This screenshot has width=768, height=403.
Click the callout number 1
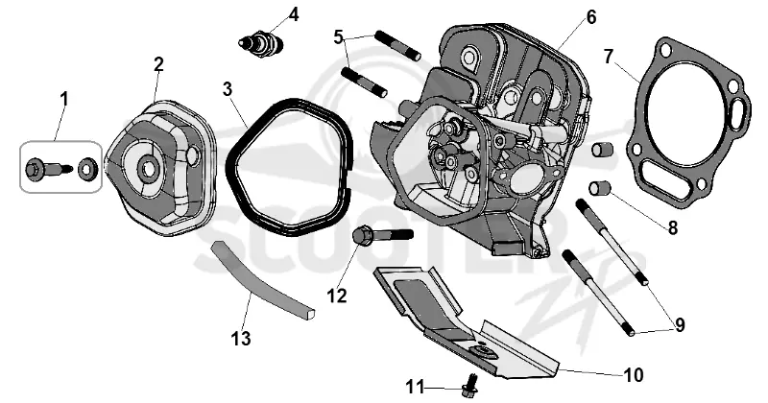click(64, 100)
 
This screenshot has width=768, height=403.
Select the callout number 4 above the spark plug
click(294, 14)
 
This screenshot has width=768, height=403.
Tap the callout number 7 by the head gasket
click(609, 57)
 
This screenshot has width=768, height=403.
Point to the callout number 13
click(241, 339)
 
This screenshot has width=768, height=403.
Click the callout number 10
click(634, 375)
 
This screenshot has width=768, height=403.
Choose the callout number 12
click(337, 296)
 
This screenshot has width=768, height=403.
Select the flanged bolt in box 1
click(48, 170)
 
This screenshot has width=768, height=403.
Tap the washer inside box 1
click(88, 170)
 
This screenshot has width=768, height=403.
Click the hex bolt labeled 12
click(382, 237)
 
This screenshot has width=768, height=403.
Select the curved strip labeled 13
click(262, 281)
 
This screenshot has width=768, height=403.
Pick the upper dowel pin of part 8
click(601, 149)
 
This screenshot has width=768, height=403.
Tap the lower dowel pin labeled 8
click(599, 188)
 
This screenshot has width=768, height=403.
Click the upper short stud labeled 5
click(397, 45)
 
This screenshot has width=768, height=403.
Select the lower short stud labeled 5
click(364, 83)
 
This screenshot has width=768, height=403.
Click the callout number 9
click(680, 325)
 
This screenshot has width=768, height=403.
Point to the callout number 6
click(591, 17)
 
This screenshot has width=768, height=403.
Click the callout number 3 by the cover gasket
click(227, 89)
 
